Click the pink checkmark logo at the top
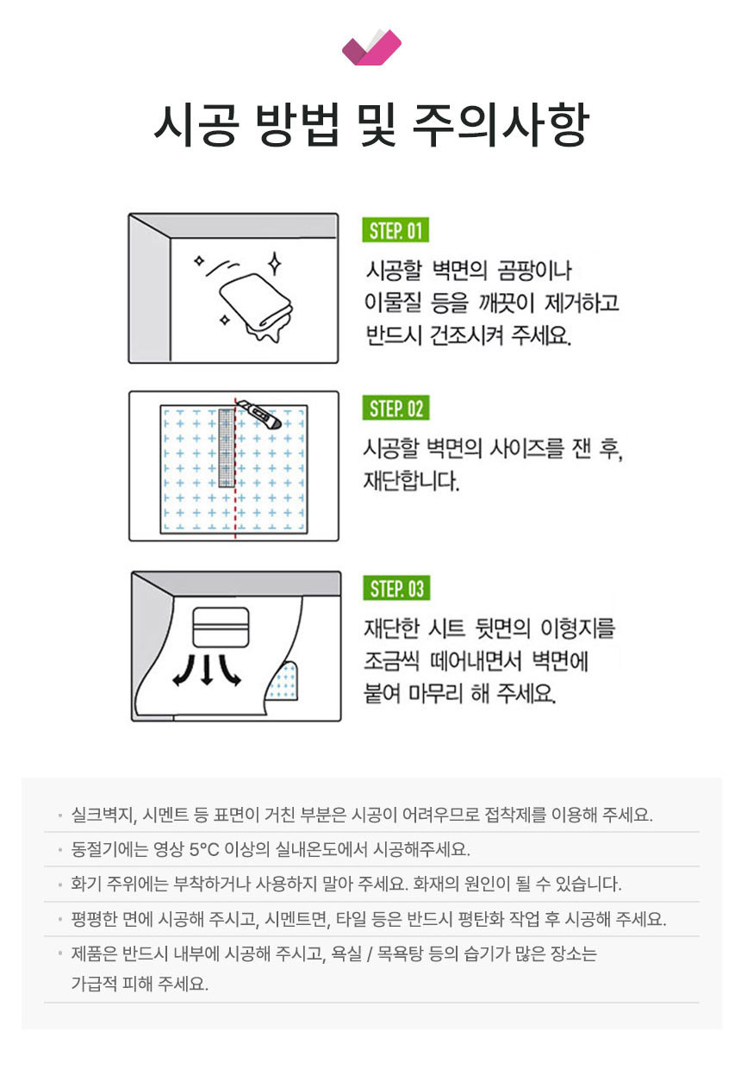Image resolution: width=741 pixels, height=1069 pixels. click(x=371, y=47)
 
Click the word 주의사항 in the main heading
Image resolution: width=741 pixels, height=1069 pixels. click(x=501, y=126)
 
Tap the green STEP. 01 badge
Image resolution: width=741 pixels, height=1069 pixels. click(x=395, y=230)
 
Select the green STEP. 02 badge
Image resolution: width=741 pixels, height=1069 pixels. click(x=395, y=408)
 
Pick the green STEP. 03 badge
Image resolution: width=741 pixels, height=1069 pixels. click(x=396, y=588)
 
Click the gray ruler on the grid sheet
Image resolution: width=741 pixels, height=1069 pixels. click(x=227, y=447)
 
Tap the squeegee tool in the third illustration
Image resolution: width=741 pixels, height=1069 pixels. click(x=221, y=627)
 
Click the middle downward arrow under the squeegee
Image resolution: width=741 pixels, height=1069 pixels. click(x=207, y=669)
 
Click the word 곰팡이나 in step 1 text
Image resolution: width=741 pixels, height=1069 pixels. click(x=534, y=271)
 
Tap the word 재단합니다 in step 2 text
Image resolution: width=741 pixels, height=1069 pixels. click(x=411, y=481)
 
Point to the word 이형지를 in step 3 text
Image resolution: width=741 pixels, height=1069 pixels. click(x=577, y=628)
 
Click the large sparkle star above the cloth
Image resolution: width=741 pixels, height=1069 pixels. click(x=274, y=264)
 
